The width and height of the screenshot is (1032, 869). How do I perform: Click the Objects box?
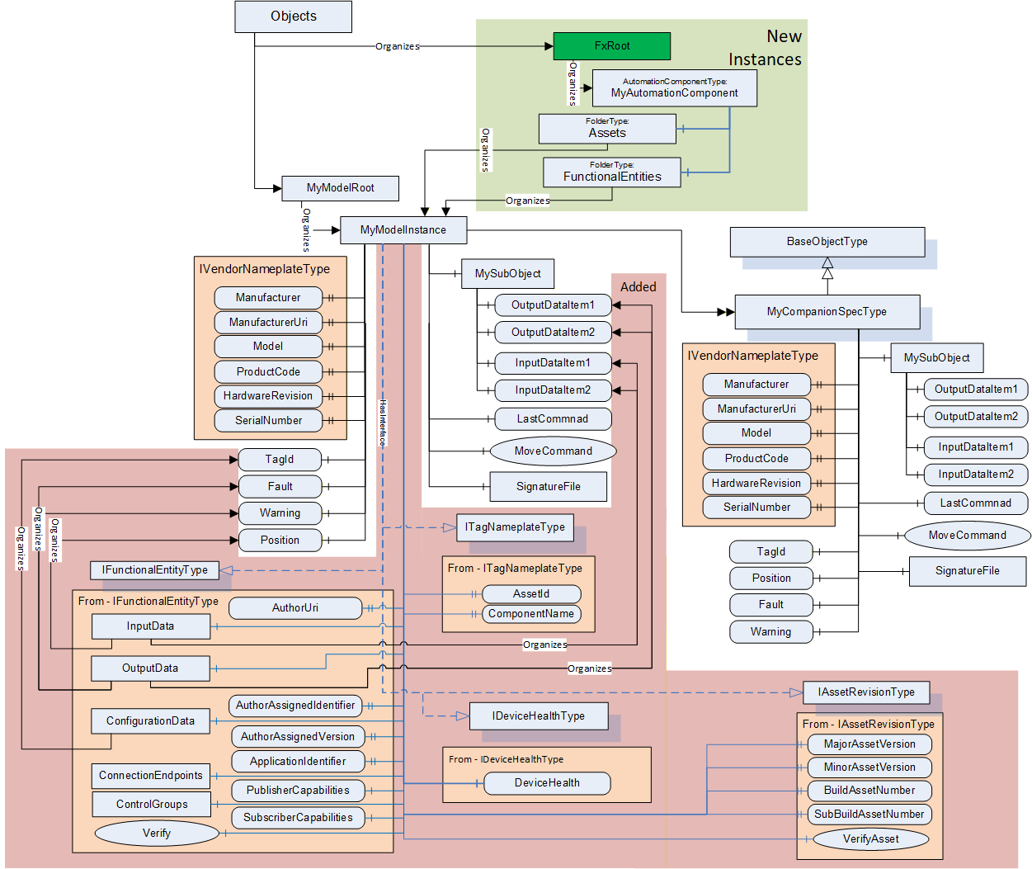(293, 17)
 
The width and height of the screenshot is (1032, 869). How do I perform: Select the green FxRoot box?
(612, 46)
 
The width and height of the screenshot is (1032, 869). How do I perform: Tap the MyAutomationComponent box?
(674, 88)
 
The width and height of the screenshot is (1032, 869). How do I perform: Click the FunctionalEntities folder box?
(612, 172)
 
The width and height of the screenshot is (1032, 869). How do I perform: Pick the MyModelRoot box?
(340, 188)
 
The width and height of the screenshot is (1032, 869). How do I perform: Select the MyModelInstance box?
(403, 230)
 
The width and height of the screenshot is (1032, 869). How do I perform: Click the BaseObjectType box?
(827, 242)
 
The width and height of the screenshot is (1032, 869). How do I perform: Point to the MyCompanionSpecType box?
(827, 312)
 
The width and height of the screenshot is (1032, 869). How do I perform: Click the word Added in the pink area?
(638, 287)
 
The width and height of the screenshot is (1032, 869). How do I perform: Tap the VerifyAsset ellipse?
(870, 838)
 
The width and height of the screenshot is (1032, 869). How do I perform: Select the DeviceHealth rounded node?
(547, 783)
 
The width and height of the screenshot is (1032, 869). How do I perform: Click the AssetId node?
(531, 593)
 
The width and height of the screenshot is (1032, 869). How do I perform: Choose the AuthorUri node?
(295, 608)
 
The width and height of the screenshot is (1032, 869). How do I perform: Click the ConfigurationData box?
(150, 721)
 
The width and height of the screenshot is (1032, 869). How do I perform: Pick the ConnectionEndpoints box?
(151, 776)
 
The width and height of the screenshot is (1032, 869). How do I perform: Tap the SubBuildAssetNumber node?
(869, 814)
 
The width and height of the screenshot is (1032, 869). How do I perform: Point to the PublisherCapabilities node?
(298, 791)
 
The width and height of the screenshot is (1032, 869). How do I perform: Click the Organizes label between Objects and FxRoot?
(398, 46)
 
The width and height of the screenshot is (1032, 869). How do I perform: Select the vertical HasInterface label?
(383, 423)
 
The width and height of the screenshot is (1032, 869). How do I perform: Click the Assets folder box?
(607, 129)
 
